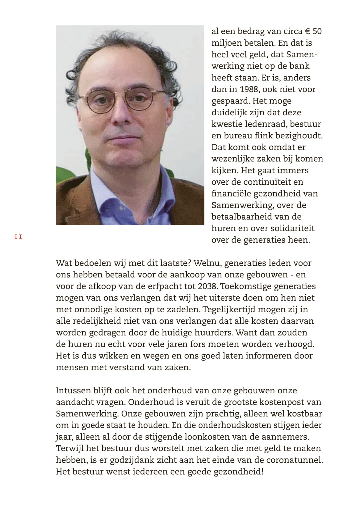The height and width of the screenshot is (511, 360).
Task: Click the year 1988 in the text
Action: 249,89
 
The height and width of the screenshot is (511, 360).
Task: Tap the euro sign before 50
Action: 307,32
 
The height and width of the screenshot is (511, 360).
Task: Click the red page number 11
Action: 18,237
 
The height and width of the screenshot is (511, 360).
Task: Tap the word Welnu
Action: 208,263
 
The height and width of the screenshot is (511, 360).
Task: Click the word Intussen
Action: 73,391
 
